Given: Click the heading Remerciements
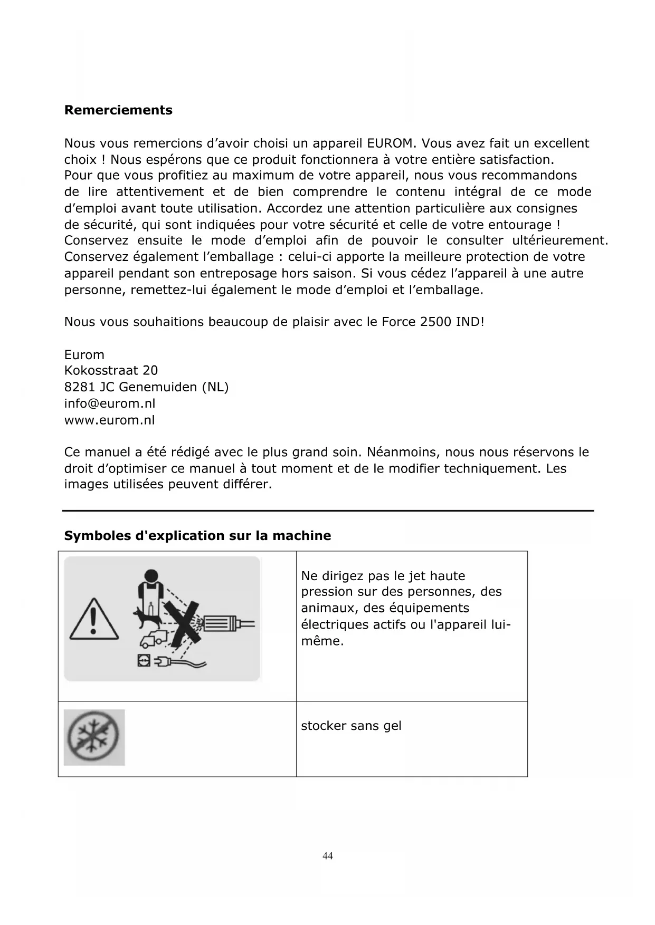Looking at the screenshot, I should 118,110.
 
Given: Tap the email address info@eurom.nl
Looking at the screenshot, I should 110,404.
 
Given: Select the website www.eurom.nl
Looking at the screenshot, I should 110,420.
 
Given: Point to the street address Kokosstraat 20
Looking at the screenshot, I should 111,371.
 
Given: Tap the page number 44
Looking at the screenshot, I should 328,855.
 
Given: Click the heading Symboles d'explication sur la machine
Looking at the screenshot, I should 197,536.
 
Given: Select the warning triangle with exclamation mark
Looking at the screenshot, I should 93,619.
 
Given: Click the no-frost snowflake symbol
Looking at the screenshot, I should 94,737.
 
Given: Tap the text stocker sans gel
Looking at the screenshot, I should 351,726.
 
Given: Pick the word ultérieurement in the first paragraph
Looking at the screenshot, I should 560,241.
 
